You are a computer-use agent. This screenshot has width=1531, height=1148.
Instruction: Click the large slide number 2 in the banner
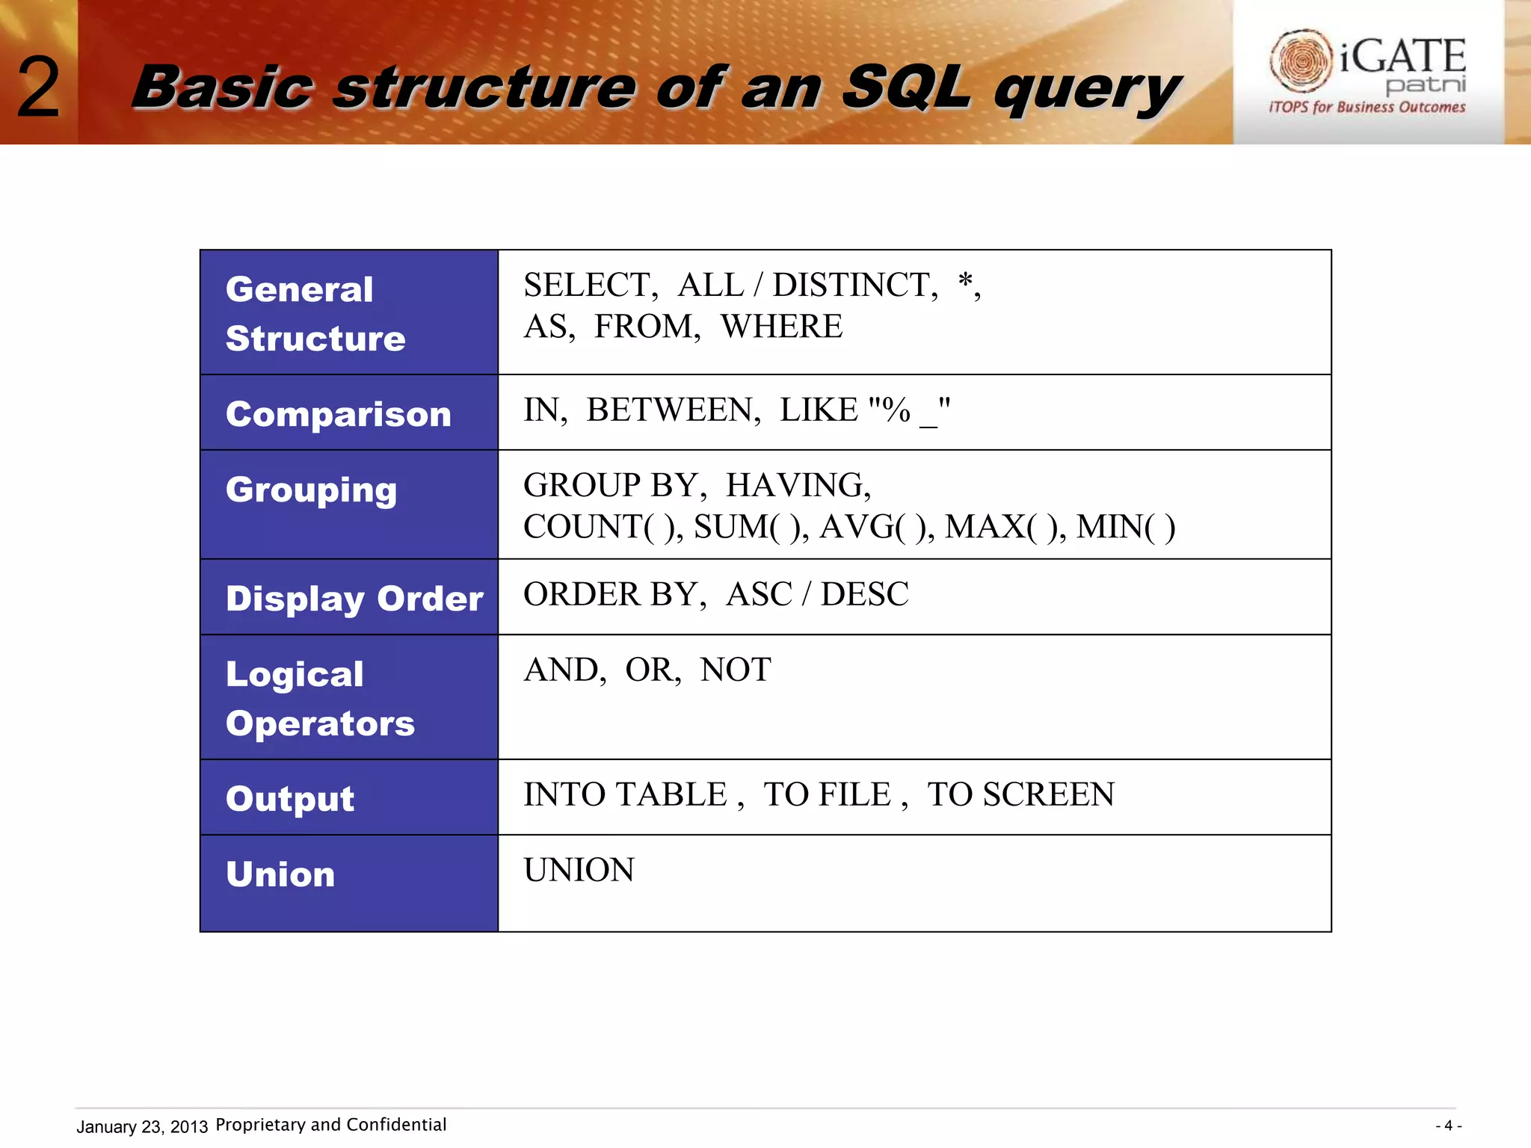[x=38, y=89]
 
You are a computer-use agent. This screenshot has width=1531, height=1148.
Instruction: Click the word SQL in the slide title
[x=906, y=87]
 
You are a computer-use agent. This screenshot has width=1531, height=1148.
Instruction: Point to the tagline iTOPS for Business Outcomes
[x=1367, y=107]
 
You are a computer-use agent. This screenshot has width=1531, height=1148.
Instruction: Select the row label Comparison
[x=339, y=414]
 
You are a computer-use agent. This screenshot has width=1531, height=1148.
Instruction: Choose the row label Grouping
[x=311, y=490]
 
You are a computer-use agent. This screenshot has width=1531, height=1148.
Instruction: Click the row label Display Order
[x=354, y=599]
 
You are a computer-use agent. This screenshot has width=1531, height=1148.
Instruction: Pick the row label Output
[x=290, y=798]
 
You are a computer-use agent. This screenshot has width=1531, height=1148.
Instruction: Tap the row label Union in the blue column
[x=280, y=874]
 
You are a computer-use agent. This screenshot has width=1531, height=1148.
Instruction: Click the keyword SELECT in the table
[x=588, y=285]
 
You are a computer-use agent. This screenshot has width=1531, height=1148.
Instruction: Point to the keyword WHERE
[x=781, y=327]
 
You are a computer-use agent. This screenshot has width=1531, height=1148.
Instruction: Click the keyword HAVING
[x=797, y=485]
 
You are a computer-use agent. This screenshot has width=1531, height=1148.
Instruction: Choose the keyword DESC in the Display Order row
[x=864, y=594]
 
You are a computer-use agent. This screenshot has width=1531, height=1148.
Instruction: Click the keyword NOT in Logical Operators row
[x=736, y=670]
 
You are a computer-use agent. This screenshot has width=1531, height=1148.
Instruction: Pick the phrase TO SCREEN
[x=1020, y=794]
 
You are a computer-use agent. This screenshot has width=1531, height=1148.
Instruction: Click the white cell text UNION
[x=579, y=870]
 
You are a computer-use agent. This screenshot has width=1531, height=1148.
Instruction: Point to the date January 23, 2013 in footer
[x=142, y=1126]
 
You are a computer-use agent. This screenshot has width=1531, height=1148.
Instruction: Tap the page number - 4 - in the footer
[x=1448, y=1126]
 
